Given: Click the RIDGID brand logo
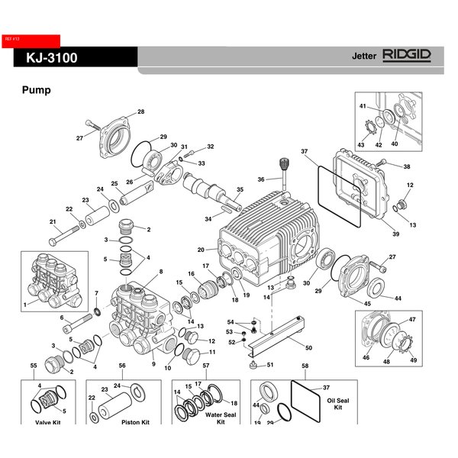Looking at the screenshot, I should pos(407,55).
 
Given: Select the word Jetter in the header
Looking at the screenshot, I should pos(365,57).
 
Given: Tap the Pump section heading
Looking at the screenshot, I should pos(37,90).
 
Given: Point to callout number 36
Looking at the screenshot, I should pos(262,180).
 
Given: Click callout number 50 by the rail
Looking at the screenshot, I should pos(308,348).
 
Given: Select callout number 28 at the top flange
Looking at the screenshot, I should pos(140,113).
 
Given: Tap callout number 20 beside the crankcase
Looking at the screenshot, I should pos(201,250).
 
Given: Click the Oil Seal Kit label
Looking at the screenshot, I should pos(338,402).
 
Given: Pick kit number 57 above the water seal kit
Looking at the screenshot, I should pos(205,366).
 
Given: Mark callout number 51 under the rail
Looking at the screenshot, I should pos(269,365).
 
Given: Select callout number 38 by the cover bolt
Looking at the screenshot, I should pos(406,166).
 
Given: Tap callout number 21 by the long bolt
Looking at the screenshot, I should pos(53,222).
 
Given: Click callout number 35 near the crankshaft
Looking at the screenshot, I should pos(240,189).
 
